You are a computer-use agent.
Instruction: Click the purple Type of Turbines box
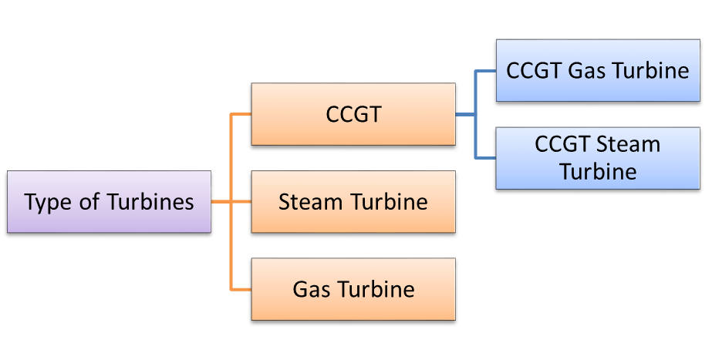tap(109, 202)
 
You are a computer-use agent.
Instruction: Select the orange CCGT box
tap(353, 114)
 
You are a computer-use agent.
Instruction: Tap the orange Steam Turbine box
tap(353, 202)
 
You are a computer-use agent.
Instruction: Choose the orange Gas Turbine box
tap(353, 289)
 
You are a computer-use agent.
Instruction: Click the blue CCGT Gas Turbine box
tap(598, 71)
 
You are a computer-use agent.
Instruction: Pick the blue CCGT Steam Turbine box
tap(598, 158)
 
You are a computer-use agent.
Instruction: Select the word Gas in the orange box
tap(311, 290)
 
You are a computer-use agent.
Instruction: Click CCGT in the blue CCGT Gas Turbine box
tap(534, 71)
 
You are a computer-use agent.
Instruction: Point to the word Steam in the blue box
tap(628, 145)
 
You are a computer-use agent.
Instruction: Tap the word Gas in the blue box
tap(585, 71)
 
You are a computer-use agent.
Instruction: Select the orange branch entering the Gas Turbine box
tap(241, 290)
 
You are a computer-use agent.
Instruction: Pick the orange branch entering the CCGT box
tap(241, 115)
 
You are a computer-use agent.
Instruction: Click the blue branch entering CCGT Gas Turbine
tap(485, 72)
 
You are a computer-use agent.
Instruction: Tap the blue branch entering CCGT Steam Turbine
tap(485, 158)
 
